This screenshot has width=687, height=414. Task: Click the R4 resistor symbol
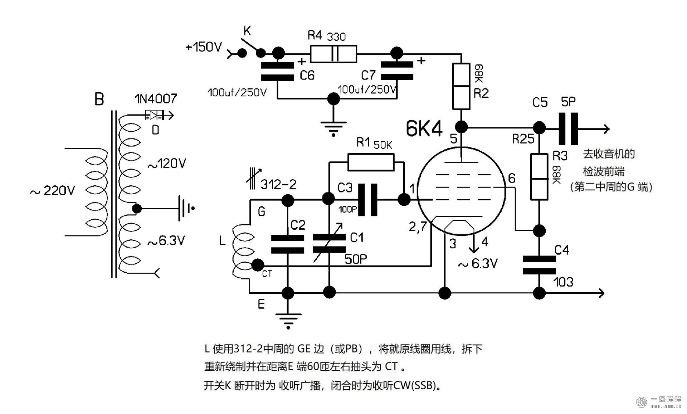pyautogui.click(x=333, y=54)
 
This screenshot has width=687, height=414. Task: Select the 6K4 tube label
pyautogui.click(x=424, y=128)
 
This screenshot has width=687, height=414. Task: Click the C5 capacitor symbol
pyautogui.click(x=568, y=129)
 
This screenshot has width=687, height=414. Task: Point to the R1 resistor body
pyautogui.click(x=371, y=162)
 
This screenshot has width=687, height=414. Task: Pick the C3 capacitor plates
pyautogui.click(x=368, y=200)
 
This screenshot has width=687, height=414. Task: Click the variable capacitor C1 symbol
pyautogui.click(x=329, y=243)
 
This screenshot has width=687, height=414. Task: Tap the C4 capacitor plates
pyautogui.click(x=539, y=265)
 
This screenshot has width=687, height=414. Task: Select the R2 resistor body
pyautogui.click(x=461, y=86)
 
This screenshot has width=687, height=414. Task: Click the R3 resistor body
pyautogui.click(x=539, y=177)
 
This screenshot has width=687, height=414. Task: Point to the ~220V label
pyautogui.click(x=53, y=191)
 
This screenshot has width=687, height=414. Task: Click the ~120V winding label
pyautogui.click(x=167, y=164)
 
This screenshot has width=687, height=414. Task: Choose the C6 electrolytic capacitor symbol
pyautogui.click(x=277, y=71)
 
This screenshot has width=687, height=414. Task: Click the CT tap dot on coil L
pyautogui.click(x=257, y=265)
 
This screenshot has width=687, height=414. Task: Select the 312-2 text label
pyautogui.click(x=278, y=185)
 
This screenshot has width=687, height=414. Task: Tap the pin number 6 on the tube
pyautogui.click(x=512, y=178)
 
